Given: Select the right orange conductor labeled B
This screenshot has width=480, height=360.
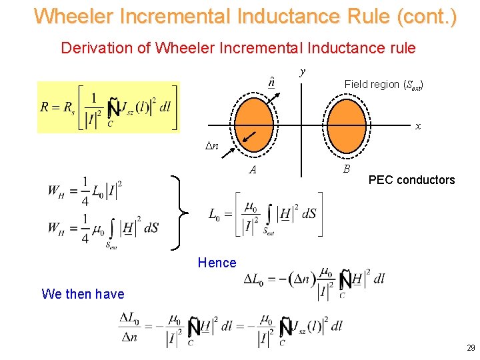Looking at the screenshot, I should click(345, 123).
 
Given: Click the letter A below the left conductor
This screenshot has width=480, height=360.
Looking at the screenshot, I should click(253, 170).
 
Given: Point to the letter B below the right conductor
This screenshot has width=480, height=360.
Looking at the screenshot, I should click(346, 169).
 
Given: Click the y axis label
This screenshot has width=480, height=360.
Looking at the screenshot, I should click(303, 71).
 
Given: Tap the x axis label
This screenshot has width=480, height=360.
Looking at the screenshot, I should click(417, 126).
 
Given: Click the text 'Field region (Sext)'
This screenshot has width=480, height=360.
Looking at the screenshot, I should click(384, 85).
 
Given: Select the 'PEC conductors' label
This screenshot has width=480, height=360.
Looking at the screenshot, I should click(411, 180).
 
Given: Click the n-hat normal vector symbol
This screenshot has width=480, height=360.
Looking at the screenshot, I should click(271, 82).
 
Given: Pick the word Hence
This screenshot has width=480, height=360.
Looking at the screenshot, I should click(217, 263).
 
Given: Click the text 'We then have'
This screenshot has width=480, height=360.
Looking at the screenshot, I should click(83, 294).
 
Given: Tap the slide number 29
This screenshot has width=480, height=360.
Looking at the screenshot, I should click(471, 348).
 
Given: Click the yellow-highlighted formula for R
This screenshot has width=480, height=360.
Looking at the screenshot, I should click(109, 107).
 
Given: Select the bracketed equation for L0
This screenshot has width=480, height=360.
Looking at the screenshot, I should click(265, 215).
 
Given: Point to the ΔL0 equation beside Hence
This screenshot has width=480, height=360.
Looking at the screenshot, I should click(313, 281).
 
